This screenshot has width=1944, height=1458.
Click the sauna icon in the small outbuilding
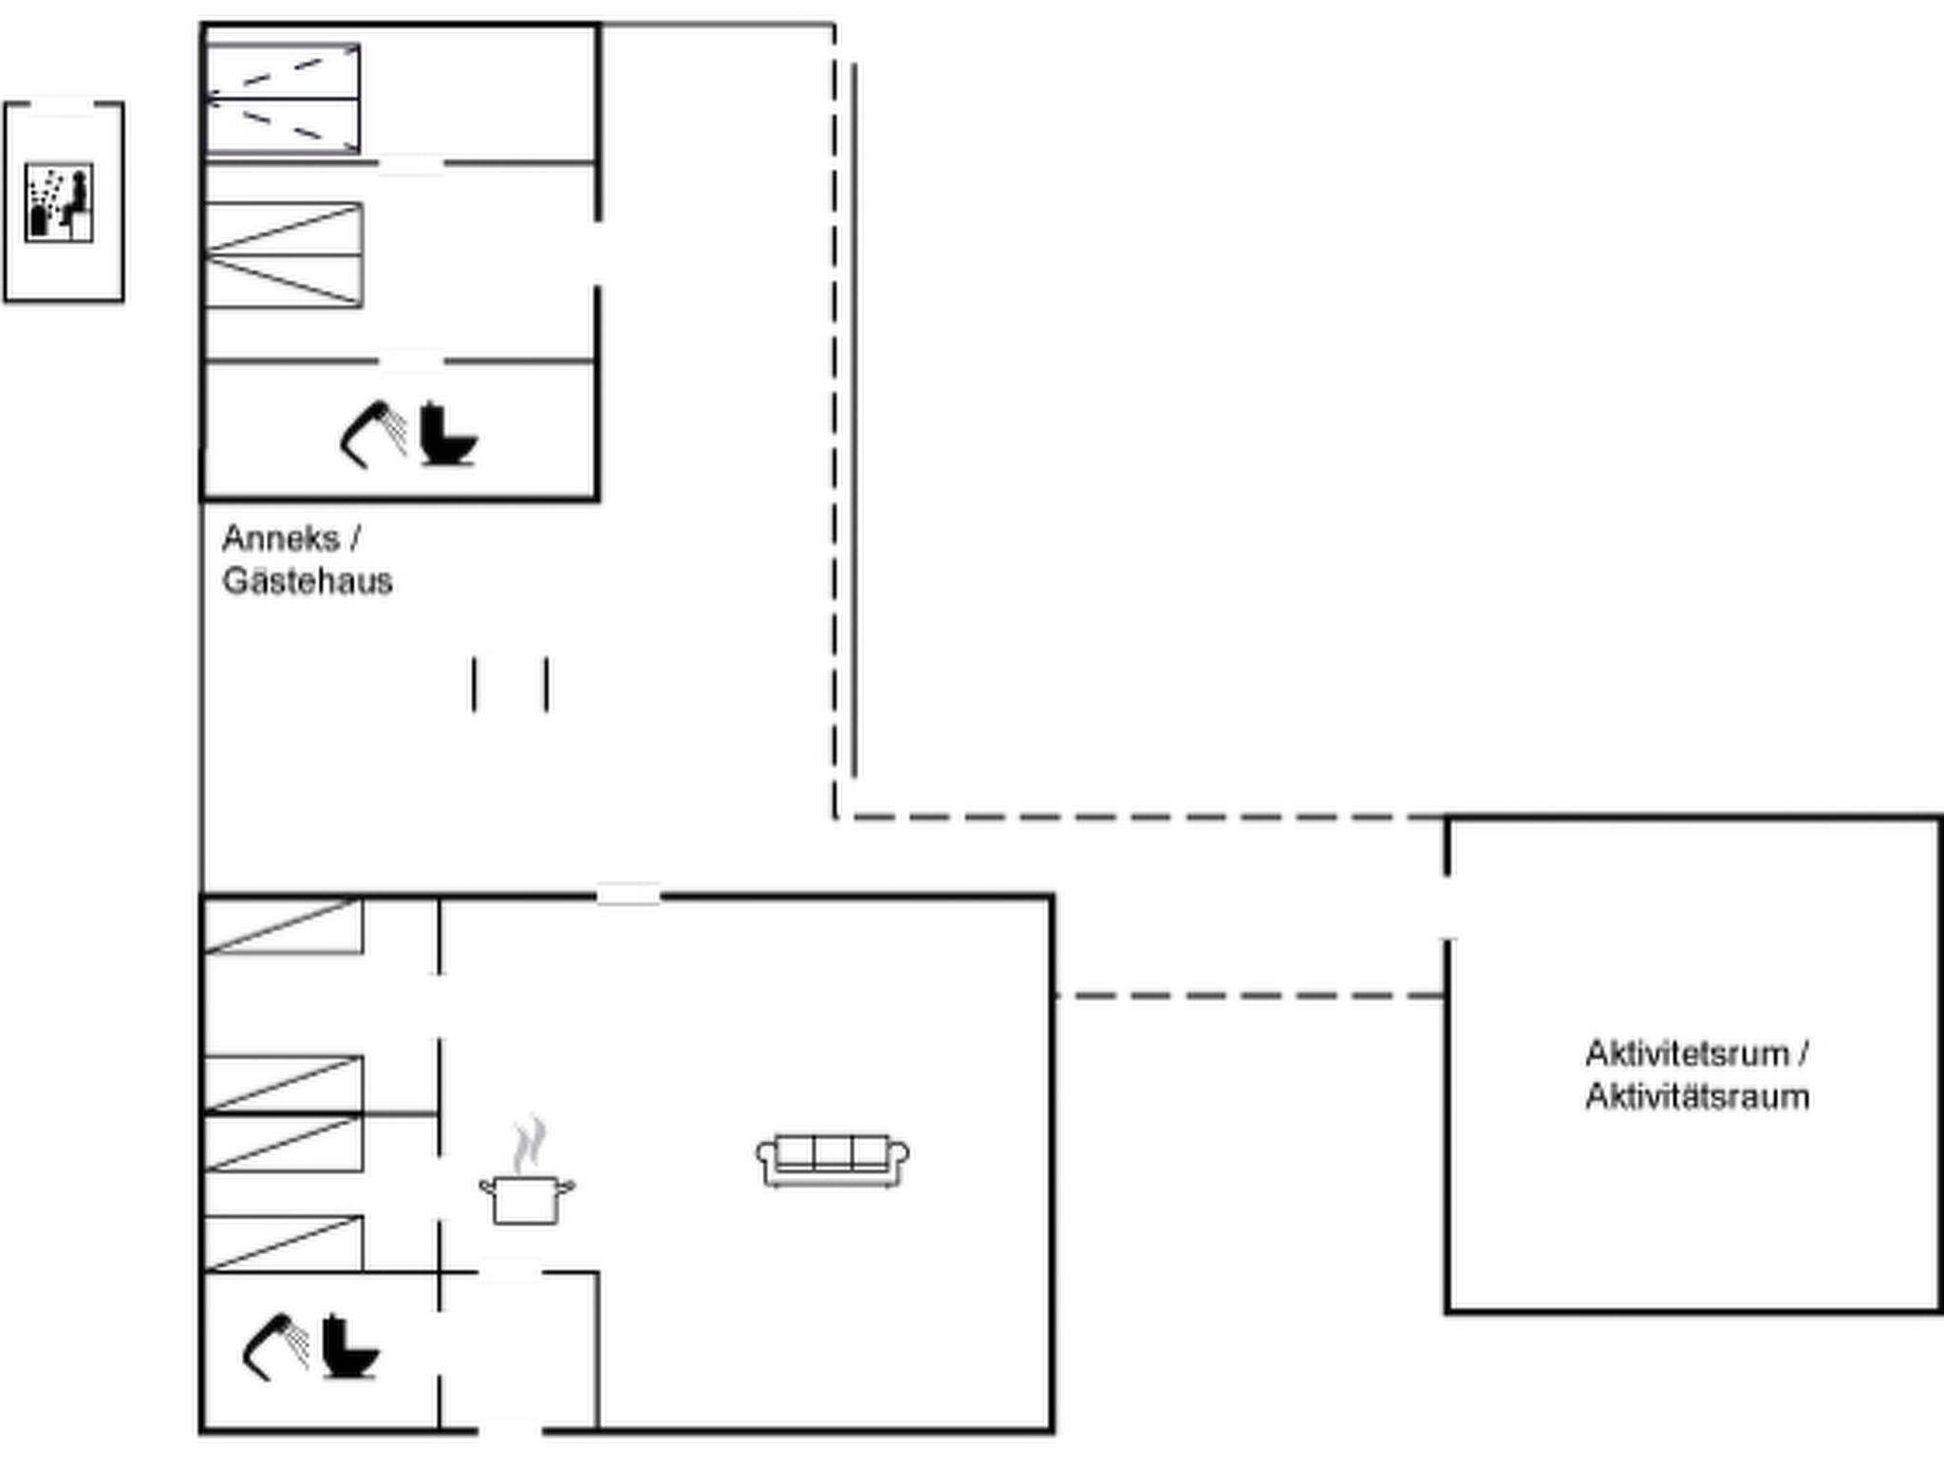click(59, 202)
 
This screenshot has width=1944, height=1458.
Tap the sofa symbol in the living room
click(832, 1160)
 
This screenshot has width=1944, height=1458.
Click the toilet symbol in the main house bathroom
click(349, 1346)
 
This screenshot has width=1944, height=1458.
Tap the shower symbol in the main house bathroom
click(275, 1346)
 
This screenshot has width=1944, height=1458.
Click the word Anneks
click(280, 538)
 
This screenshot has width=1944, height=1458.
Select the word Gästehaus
click(307, 581)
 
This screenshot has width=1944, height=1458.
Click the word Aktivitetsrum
click(1687, 1054)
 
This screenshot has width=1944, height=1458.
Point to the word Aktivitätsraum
click(1697, 1097)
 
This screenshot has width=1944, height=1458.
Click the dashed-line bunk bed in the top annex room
click(283, 98)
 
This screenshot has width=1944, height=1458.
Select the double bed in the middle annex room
click(283, 254)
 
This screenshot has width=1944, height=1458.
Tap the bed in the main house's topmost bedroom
click(283, 925)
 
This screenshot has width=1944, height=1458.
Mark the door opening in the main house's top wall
click(628, 894)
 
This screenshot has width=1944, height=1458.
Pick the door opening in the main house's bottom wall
click(509, 1429)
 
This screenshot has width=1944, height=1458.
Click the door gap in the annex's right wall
click(598, 253)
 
